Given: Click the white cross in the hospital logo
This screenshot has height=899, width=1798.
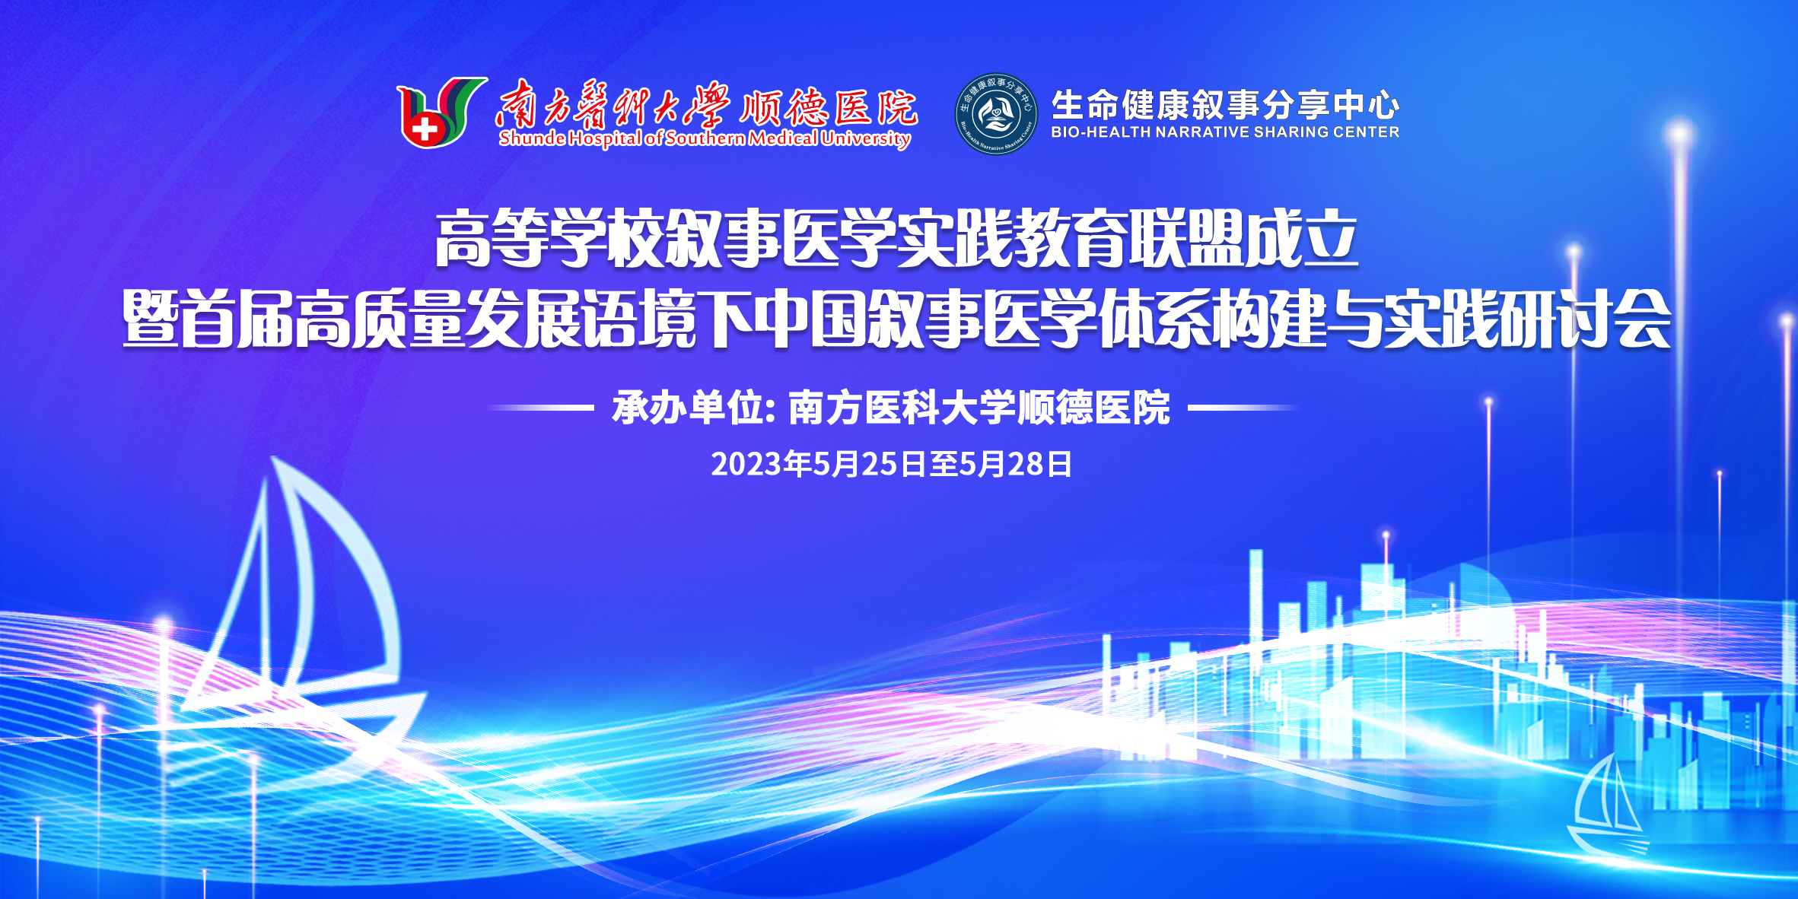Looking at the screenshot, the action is tap(425, 128).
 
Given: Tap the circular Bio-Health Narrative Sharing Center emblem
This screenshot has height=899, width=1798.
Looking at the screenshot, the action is tap(996, 114).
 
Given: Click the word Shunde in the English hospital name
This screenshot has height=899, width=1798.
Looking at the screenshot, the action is tap(532, 138).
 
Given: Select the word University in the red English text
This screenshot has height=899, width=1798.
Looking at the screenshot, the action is tap(865, 138).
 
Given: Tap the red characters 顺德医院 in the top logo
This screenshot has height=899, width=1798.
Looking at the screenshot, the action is tap(829, 107).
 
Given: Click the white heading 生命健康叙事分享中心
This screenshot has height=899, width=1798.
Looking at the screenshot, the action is tap(1225, 105).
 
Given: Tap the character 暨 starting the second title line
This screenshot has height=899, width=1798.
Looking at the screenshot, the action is tap(151, 319).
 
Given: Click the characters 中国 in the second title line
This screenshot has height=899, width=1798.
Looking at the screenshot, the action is tap(811, 319).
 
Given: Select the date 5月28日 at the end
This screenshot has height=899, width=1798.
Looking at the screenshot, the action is tap(1016, 464).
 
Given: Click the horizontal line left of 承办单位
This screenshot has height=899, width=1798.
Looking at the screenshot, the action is tap(540, 408).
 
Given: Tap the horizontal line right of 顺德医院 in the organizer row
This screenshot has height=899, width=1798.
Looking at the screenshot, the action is tap(1243, 408).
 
